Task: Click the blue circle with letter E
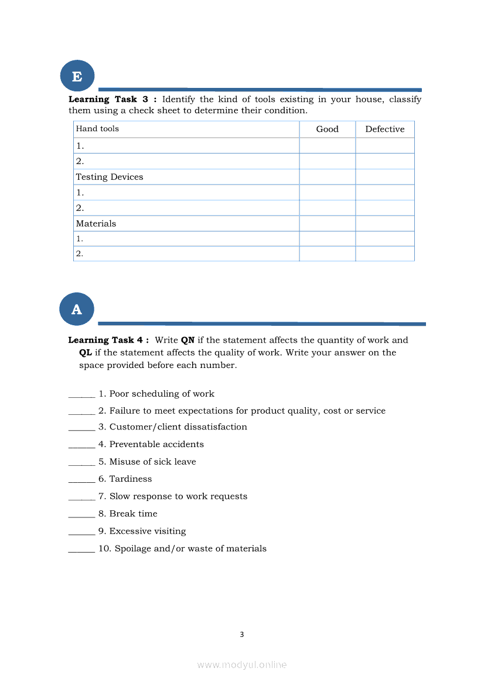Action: click(77, 77)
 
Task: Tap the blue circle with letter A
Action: click(77, 309)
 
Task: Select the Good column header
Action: click(327, 129)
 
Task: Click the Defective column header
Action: click(384, 129)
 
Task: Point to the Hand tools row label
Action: click(97, 129)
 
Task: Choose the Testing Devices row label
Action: click(110, 177)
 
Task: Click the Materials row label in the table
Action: click(96, 223)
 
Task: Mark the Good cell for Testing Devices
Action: click(327, 177)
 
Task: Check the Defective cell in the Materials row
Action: click(384, 223)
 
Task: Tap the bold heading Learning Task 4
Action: click(108, 340)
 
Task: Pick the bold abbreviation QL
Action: click(86, 353)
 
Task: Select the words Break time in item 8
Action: click(134, 514)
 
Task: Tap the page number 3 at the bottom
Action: click(241, 635)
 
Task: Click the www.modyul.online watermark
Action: click(241, 665)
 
